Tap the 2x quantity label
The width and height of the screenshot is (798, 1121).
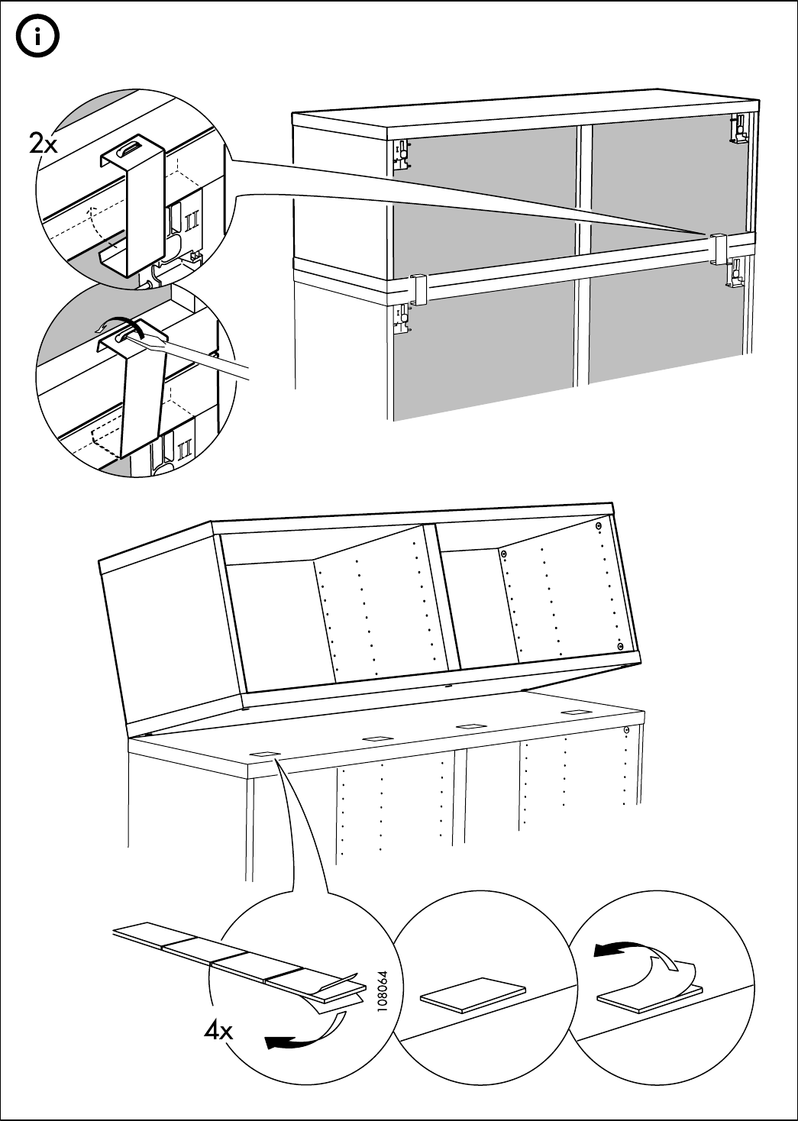(x=44, y=144)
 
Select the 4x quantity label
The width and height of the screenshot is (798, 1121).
(x=219, y=1032)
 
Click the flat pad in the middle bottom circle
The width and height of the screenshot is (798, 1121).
(x=473, y=994)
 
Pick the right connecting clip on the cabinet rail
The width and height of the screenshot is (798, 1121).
(x=719, y=248)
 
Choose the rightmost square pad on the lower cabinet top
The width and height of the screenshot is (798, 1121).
(x=575, y=712)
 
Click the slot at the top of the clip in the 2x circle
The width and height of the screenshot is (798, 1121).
(x=133, y=146)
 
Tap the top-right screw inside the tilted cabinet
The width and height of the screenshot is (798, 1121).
(x=599, y=526)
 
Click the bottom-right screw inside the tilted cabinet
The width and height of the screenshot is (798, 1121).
(x=618, y=646)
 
